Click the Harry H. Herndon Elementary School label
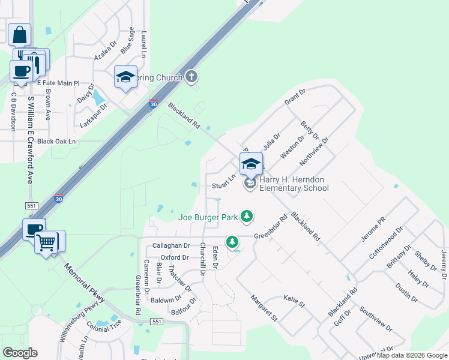point(294,184)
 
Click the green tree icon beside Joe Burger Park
point(246,215)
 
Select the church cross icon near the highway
point(191,76)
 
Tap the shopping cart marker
point(46,243)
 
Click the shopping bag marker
point(19,35)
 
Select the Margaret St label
point(265,307)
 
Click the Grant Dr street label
point(295,97)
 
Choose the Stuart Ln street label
point(223,186)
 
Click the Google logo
point(20,352)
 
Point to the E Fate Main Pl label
point(58,83)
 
